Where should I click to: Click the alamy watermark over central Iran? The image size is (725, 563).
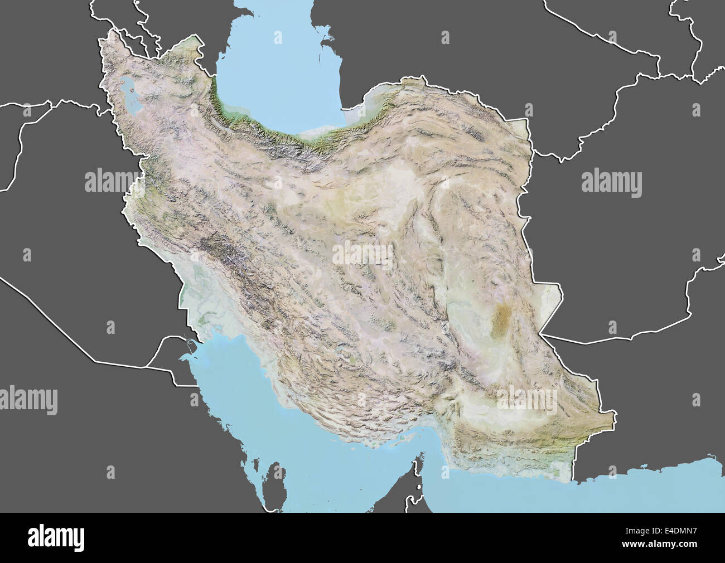(x=362, y=254)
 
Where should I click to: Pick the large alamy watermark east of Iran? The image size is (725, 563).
(x=611, y=182)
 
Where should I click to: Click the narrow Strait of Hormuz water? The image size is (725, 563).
(x=427, y=446)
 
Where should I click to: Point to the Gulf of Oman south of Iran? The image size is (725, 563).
(x=530, y=491)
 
